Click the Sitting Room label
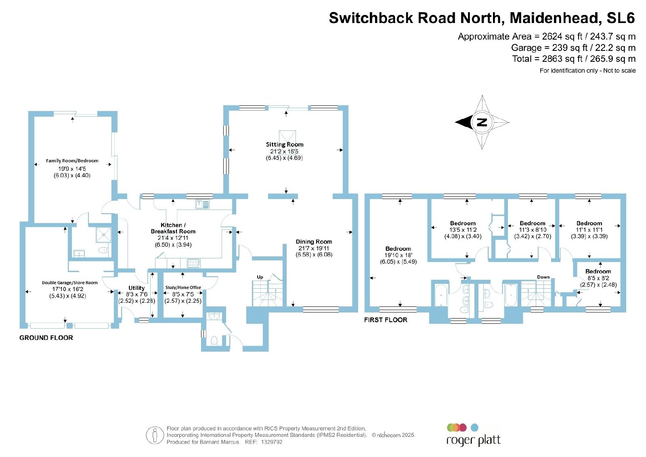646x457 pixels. coord(285,145)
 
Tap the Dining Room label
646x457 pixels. coord(314,241)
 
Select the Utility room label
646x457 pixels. coord(136,288)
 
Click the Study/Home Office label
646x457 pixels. coord(183,287)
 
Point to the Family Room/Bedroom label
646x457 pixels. coord(72,161)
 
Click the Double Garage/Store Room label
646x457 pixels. coord(69,283)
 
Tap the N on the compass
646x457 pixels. coord(482,122)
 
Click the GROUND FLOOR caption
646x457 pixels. coord(46,338)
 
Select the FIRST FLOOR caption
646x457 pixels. coord(386,320)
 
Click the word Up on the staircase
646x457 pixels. coord(260,277)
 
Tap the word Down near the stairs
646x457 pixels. coord(543,277)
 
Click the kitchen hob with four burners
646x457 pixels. coord(193,263)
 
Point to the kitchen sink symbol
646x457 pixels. coord(202,204)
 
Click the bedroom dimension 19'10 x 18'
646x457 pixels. coord(398,255)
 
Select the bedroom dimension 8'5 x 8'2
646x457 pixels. coord(598,278)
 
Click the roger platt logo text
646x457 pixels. coord(473,440)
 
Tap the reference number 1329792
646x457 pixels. coord(271,442)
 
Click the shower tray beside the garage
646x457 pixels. coord(103,235)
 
